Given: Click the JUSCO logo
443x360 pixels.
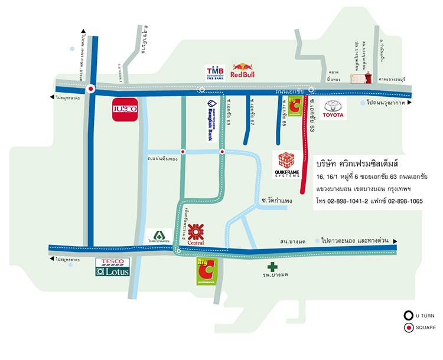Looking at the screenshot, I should click(125, 109).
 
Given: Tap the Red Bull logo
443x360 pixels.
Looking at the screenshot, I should click(242, 71).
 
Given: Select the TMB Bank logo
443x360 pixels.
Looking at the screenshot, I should click(214, 73).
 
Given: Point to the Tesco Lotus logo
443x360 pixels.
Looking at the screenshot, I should click(111, 267).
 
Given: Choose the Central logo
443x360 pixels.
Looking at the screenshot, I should click(196, 233).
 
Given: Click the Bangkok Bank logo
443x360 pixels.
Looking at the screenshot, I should click(210, 121).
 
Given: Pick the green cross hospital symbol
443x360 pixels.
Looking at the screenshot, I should click(272, 267).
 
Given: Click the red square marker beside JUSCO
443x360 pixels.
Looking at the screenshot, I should click(90, 89).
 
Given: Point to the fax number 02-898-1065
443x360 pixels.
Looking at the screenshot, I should click(404, 201).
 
